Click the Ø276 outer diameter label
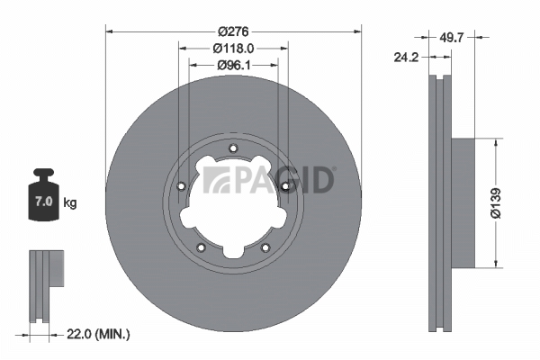click(x=233, y=31)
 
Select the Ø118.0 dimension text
click(x=233, y=49)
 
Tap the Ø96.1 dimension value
click(x=234, y=65)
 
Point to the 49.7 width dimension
click(x=452, y=37)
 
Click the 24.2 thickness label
click(x=406, y=58)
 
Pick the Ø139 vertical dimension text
click(x=496, y=203)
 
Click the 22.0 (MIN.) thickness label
click(x=98, y=334)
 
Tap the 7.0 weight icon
click(x=43, y=194)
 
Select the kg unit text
click(x=70, y=202)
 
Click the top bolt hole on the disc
click(x=233, y=148)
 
